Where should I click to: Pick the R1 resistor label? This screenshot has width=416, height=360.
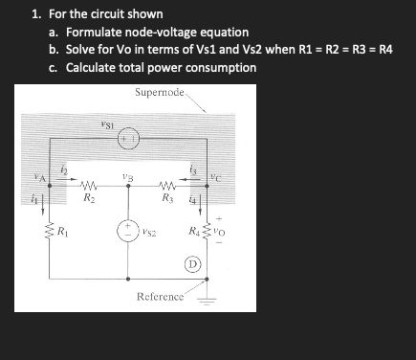[x=61, y=231]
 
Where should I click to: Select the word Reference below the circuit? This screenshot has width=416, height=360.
[x=160, y=297]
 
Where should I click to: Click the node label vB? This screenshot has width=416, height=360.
[x=127, y=175]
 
